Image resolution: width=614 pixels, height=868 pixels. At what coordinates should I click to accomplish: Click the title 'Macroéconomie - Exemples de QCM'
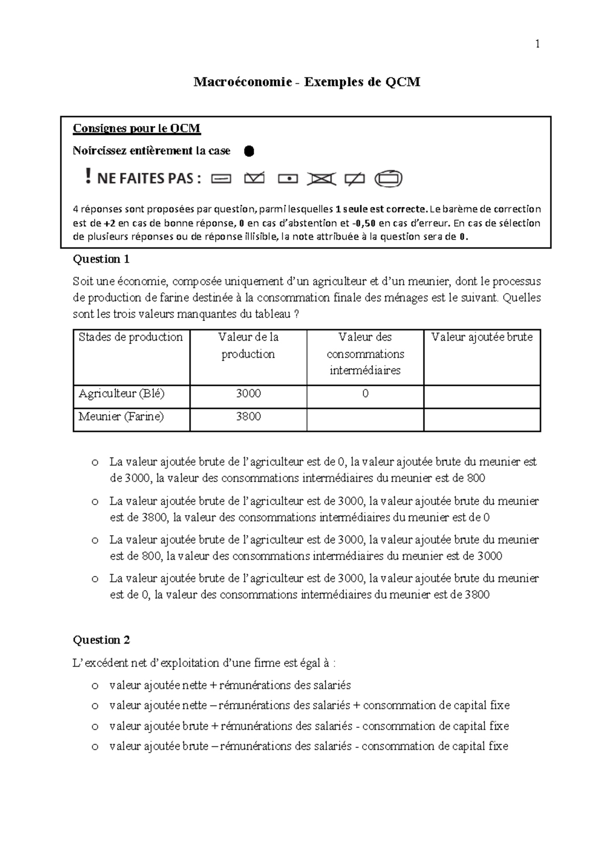coord(306,82)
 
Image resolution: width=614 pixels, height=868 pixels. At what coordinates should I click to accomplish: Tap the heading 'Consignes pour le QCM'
coord(137,128)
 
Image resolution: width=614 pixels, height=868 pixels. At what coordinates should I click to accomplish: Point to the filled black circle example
coord(249,151)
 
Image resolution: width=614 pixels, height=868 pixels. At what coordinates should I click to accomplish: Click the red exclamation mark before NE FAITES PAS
coord(89,178)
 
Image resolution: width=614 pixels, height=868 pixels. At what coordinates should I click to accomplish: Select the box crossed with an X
coord(322,179)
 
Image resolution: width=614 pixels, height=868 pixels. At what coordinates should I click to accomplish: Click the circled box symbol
coord(388,179)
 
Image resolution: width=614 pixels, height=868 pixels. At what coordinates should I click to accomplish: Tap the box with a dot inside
coord(289,179)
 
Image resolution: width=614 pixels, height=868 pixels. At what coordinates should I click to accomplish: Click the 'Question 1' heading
coord(101,259)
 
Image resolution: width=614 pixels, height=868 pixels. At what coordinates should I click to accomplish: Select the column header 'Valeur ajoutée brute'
coord(482,337)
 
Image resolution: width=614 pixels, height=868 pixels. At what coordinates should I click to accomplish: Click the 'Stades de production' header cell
coord(130,337)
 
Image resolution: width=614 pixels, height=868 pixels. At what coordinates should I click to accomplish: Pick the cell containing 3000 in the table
coord(248,394)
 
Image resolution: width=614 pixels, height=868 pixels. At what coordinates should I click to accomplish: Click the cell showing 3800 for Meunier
coord(248,417)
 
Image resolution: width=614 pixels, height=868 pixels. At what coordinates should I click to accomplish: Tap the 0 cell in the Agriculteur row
coord(365,394)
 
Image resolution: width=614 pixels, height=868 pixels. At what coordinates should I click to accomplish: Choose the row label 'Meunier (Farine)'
coord(121,417)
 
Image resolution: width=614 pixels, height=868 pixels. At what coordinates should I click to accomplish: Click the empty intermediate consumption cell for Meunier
coord(365,420)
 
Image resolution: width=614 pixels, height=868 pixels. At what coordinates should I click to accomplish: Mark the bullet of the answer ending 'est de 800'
coord(95,463)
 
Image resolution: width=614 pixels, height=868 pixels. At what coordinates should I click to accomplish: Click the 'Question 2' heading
coord(101,640)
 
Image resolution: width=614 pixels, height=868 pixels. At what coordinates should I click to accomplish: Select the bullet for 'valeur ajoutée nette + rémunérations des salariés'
coord(95,686)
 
